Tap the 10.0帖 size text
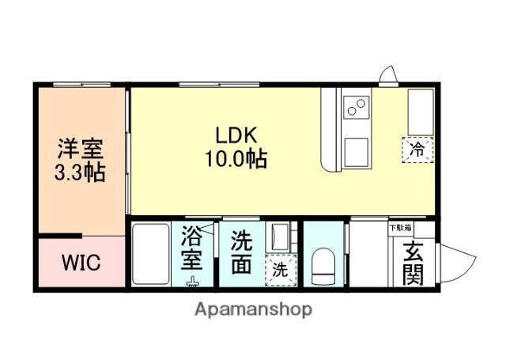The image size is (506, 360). tap(234, 159)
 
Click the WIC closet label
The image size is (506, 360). tap(81, 263)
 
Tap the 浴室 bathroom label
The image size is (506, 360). tap(192, 248)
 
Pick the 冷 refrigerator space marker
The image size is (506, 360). tap(417, 148)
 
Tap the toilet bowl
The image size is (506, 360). tap(324, 267)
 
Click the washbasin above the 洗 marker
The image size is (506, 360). tap(279, 237)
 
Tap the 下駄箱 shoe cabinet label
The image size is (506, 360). tap(398, 228)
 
